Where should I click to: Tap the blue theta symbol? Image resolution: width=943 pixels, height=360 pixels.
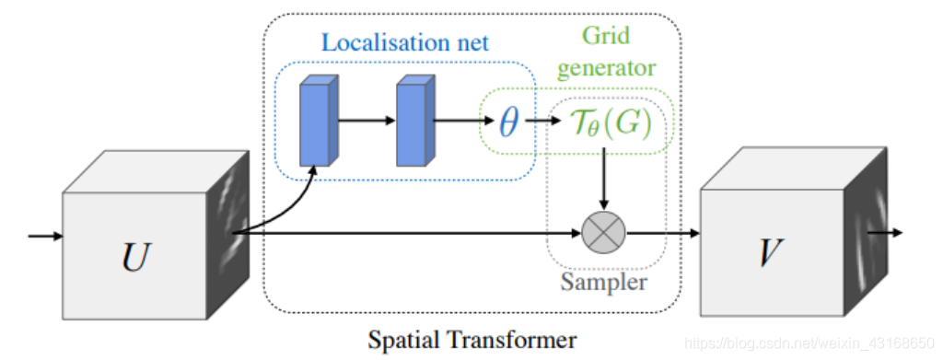(508, 122)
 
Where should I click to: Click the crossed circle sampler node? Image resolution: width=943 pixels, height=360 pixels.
(604, 232)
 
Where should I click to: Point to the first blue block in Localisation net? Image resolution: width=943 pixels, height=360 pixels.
(319, 121)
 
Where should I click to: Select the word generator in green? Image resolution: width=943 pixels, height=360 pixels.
(606, 68)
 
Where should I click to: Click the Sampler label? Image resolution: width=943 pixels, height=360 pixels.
(604, 282)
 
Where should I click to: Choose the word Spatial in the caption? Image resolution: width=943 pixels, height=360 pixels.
(404, 341)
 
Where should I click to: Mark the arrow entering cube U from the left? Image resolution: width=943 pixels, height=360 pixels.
(46, 236)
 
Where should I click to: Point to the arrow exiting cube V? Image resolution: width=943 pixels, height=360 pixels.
(885, 232)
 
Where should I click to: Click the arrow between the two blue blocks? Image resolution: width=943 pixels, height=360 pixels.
(367, 121)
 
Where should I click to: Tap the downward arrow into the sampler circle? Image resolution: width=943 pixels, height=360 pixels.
(604, 179)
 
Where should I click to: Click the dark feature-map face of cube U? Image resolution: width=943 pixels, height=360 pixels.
(228, 235)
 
